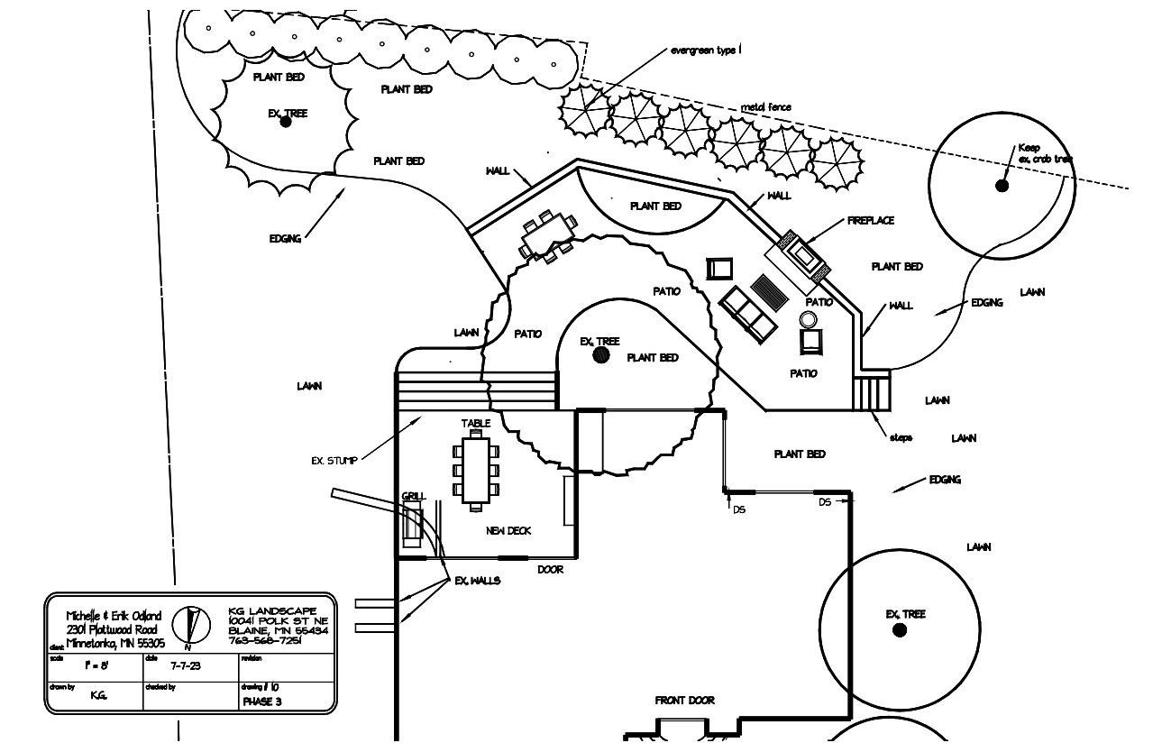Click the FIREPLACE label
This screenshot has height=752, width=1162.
870,221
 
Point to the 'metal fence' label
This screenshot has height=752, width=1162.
765,107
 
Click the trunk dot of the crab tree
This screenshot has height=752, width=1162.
1002,186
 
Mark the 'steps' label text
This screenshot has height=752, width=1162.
901,437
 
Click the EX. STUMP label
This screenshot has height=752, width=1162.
334,461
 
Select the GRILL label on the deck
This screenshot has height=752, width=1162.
413,496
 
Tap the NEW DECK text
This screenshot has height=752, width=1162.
508,531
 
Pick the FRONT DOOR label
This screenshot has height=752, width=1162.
684,701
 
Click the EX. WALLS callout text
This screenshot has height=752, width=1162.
477,581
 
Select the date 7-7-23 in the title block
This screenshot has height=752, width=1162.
186,666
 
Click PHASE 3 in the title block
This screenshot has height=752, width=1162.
261,702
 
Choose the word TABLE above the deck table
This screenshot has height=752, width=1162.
476,423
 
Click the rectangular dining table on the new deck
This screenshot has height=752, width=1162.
475,470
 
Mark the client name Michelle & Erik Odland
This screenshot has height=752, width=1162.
114,616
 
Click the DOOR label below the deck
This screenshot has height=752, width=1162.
550,570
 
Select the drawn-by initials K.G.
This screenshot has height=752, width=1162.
98,695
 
